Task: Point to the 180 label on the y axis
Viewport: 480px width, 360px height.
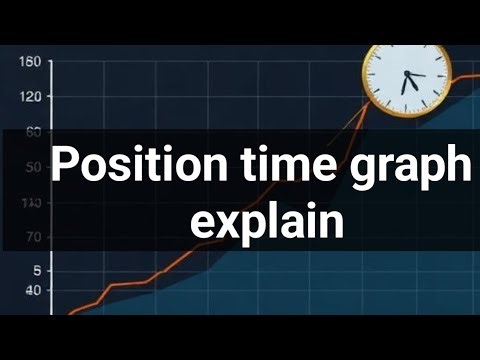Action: pos(30,63)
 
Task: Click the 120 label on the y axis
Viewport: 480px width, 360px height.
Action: pos(30,97)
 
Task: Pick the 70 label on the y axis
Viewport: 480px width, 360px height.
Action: pos(32,238)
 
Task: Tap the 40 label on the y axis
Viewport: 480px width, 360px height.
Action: pos(32,291)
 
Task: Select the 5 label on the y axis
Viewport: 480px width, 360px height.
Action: pos(36,271)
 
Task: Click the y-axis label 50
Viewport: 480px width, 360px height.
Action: pos(32,167)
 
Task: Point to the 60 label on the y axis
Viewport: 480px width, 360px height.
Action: pos(32,132)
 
